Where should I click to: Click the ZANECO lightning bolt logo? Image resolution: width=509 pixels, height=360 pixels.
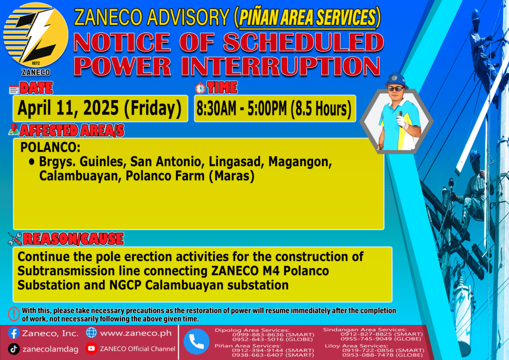pos(36,35)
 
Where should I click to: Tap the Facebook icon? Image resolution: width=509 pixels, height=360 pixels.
pos(13,333)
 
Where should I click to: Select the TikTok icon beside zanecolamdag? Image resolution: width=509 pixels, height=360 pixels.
pos(13,349)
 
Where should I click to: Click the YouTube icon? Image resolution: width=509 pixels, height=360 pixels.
pos(91,349)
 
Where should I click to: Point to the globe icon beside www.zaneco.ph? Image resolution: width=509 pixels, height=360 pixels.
pos(91,333)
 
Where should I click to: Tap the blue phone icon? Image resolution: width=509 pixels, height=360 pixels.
pos(196,342)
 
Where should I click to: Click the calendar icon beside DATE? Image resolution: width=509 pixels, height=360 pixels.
pos(13,90)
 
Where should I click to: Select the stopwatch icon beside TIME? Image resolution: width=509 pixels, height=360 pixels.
pos(200,88)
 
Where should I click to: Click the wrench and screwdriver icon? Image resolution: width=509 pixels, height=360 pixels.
pos(14,239)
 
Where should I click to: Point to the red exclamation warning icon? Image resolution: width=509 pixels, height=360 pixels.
pos(13,314)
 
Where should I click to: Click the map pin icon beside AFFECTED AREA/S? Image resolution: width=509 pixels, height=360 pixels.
pos(13,129)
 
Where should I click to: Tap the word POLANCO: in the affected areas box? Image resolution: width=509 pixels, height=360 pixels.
pos(50,147)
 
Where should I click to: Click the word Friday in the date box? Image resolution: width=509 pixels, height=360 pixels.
pos(153,108)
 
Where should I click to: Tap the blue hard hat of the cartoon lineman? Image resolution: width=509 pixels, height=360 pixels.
pos(396,80)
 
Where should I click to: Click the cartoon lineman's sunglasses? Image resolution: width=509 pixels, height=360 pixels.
pos(396,89)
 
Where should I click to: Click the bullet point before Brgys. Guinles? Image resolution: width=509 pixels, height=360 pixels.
pos(31,161)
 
